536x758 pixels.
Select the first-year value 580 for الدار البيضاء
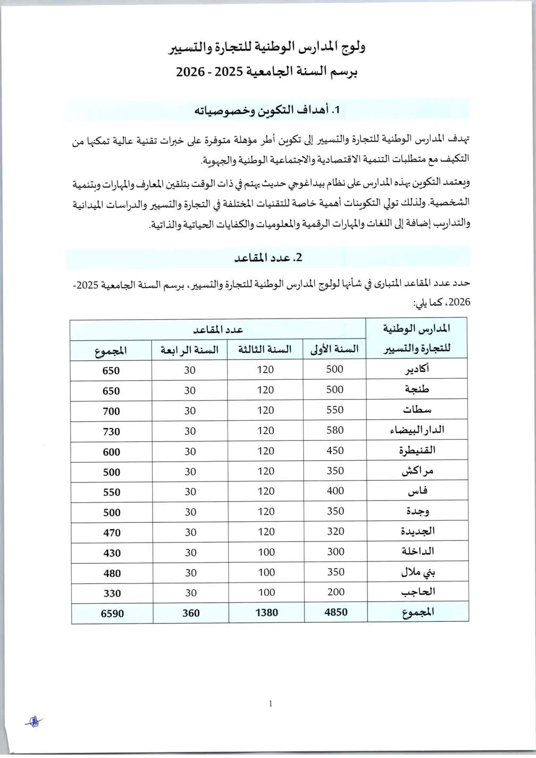pos(335,430)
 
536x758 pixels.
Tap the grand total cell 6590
pos(112,613)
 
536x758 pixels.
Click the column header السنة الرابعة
pos(190,350)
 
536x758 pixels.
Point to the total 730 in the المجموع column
pos(112,431)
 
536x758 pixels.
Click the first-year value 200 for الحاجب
pos(335,592)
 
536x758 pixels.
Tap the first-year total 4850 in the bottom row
pos(336,612)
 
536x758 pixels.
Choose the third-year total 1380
pos(266,613)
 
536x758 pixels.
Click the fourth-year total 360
pos(190,613)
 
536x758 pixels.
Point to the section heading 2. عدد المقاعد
pos(268,257)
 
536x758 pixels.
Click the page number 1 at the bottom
pos(271,704)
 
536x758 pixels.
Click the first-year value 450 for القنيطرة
pos(335,451)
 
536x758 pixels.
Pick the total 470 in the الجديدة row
pos(112,532)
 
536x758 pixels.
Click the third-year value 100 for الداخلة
pos(266,552)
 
